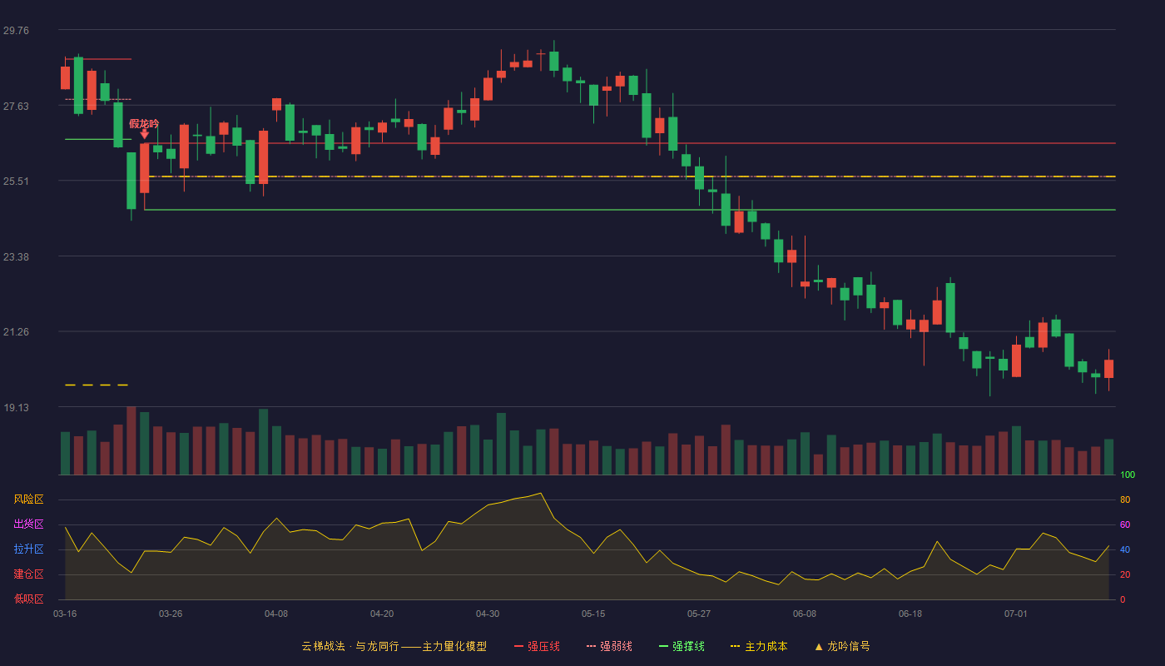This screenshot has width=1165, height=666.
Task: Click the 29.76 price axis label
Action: click(x=16, y=30)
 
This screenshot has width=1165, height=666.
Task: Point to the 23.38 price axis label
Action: click(x=16, y=256)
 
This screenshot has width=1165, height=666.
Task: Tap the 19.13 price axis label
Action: click(x=16, y=407)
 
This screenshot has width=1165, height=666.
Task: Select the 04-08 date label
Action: click(x=276, y=614)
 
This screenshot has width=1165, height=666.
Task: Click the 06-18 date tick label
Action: click(x=910, y=614)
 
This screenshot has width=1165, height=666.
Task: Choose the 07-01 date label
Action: click(x=1016, y=614)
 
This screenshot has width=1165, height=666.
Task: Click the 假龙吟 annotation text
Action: click(x=144, y=123)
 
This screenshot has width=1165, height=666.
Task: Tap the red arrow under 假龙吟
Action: click(x=145, y=134)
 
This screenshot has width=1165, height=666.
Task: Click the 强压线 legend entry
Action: click(x=538, y=646)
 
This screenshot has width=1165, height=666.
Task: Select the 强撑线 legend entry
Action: click(x=682, y=646)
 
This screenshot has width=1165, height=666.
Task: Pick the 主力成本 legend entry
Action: click(x=759, y=646)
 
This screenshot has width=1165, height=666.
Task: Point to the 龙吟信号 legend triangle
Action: click(x=819, y=647)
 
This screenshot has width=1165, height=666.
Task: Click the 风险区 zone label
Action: click(x=28, y=499)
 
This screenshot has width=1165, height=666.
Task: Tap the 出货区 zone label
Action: click(x=28, y=524)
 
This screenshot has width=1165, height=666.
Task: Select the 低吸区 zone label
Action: click(x=28, y=599)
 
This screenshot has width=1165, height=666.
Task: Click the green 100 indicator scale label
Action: click(x=1128, y=475)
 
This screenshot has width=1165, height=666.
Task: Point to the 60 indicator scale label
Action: click(x=1125, y=524)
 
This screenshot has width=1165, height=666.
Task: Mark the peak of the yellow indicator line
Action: click(x=541, y=493)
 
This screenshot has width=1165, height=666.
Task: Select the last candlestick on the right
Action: click(x=1108, y=368)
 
